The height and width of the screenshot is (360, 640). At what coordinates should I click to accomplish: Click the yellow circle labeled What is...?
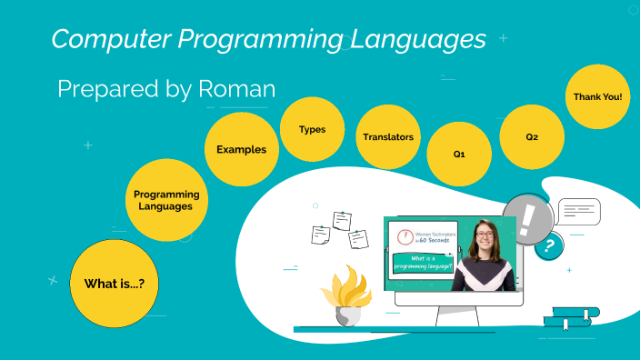115,283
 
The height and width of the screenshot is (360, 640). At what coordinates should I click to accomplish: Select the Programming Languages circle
165,200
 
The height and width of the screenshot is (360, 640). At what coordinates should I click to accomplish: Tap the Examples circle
241,148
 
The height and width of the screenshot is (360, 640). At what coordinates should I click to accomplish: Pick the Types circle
312,129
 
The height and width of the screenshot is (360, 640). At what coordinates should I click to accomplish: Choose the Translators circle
388,136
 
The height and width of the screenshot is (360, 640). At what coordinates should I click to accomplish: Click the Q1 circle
459,155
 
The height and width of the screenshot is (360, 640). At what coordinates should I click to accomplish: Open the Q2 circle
532,136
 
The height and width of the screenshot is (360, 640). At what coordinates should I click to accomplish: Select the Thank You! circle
597,95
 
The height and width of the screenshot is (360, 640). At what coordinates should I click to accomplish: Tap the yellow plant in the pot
345,286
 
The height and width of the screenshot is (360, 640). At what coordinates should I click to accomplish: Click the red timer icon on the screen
404,238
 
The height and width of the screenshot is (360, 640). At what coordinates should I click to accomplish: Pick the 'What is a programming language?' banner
423,264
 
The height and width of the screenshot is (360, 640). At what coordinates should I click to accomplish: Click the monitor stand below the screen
451,315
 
